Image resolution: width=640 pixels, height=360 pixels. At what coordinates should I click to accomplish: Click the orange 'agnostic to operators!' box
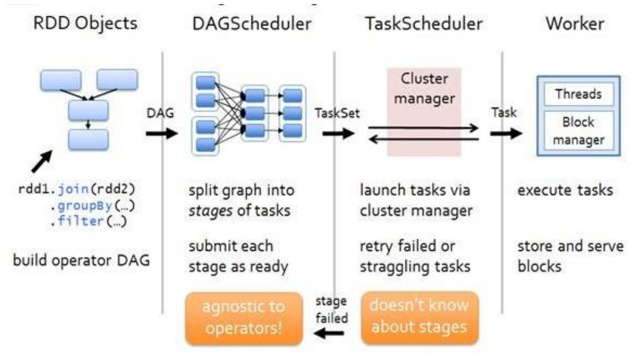(244, 319)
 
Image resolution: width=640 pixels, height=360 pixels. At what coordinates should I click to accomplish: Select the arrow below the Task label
(506, 133)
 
